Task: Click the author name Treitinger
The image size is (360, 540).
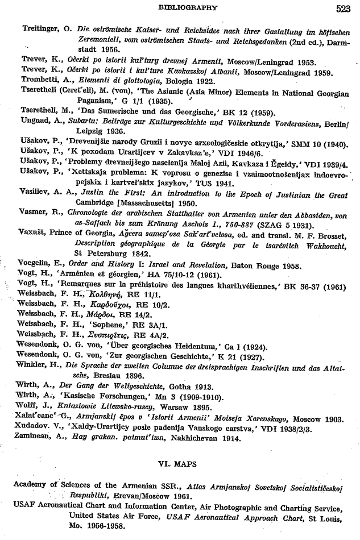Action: [x=35, y=28]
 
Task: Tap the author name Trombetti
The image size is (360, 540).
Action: [x=35, y=81]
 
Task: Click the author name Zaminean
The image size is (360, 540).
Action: [x=35, y=438]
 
